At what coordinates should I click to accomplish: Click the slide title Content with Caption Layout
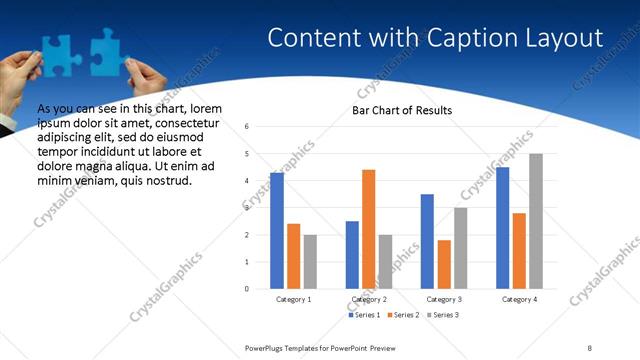(435, 39)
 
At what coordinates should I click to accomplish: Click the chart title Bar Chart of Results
(402, 110)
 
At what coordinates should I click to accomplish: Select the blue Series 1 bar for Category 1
(277, 231)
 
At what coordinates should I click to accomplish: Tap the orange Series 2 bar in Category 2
(368, 229)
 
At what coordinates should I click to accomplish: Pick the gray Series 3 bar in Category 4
(536, 221)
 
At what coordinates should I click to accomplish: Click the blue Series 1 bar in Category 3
(427, 241)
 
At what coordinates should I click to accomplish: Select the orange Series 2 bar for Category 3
(444, 264)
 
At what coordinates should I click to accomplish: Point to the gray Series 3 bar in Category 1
(311, 262)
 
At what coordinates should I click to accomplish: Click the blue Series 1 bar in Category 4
(502, 228)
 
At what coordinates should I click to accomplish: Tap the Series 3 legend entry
(441, 315)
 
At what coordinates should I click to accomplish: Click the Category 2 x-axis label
(368, 299)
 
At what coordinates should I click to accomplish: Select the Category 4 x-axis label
(519, 299)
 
